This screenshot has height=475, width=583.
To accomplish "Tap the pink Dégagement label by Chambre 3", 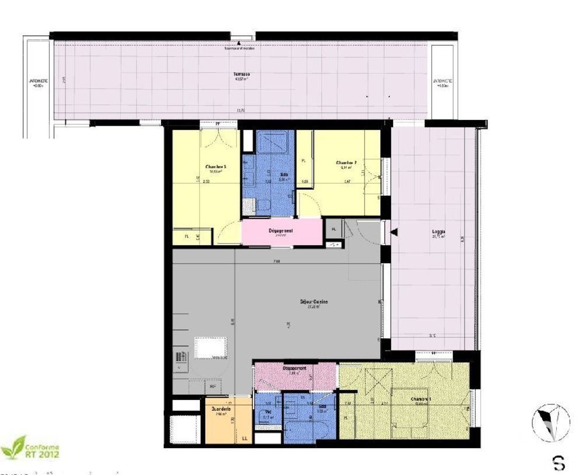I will (x=280, y=231).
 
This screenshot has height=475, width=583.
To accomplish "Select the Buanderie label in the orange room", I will (x=222, y=409).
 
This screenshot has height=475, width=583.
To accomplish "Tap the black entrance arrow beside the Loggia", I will (x=395, y=232).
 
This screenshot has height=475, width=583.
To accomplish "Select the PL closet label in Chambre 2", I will (x=304, y=160).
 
